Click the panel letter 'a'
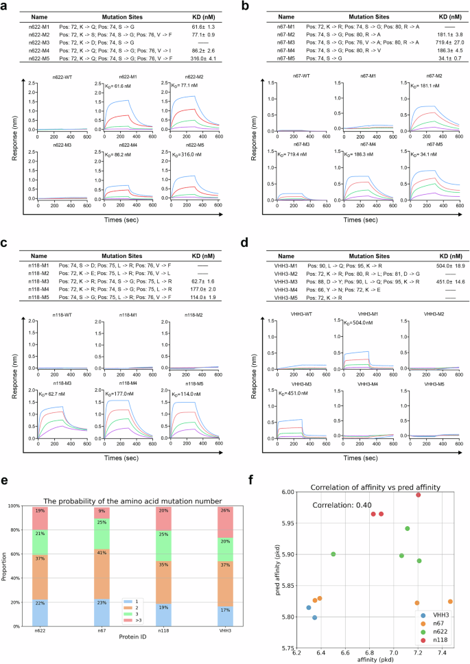(5, 6)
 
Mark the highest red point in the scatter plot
(418, 495)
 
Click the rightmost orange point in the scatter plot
(450, 601)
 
